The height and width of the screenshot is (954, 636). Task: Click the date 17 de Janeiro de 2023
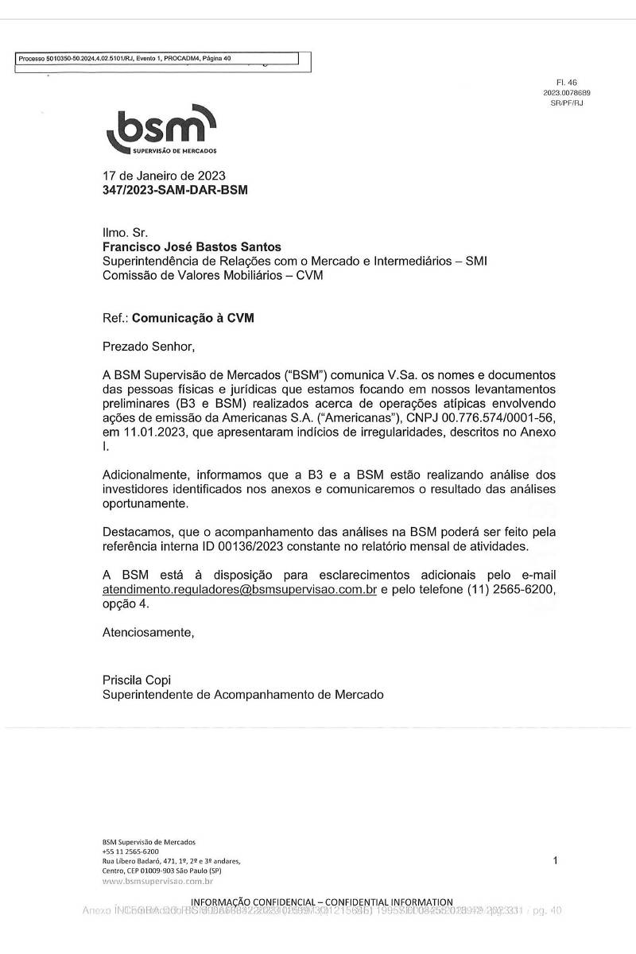point(164,176)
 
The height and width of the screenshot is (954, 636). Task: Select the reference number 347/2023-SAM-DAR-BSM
point(175,190)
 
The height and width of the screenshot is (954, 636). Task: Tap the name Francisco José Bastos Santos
point(192,247)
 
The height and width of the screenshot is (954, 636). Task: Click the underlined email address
point(239,589)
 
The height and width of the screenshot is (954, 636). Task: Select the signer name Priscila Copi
point(137,680)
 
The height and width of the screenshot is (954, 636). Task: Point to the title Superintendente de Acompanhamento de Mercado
point(243,694)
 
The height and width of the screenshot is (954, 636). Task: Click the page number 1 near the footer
point(555,860)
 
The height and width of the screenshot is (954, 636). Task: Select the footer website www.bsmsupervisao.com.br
point(157,881)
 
